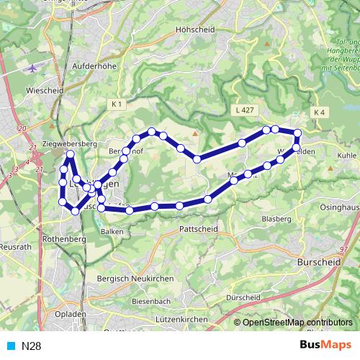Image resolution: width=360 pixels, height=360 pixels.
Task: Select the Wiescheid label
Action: click(x=45, y=91)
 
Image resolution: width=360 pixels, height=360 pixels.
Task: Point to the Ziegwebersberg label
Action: click(x=70, y=144)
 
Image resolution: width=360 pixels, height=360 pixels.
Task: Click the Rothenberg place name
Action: click(x=64, y=238)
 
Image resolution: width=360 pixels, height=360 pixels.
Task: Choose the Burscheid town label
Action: click(x=318, y=264)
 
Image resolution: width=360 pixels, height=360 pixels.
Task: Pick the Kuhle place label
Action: click(x=346, y=155)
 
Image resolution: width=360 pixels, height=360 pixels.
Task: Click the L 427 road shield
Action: click(x=245, y=110)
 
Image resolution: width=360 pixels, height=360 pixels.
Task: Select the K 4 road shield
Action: click(x=320, y=113)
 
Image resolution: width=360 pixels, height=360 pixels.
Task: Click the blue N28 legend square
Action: click(x=10, y=346)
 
